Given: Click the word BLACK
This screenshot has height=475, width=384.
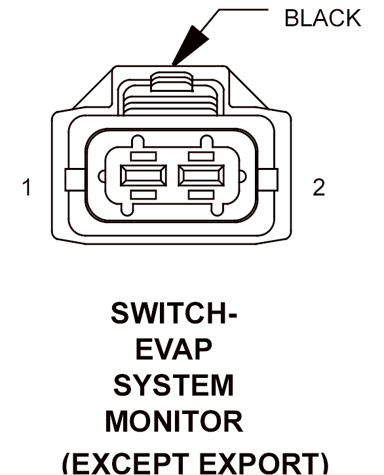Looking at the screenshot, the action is (x=322, y=18).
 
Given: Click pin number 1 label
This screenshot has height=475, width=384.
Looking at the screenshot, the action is (x=28, y=187).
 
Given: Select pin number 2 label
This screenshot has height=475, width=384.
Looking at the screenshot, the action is (x=318, y=187).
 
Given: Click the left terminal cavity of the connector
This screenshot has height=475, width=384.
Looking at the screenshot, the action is (x=144, y=175).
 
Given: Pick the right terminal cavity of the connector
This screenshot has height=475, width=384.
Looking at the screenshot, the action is (x=201, y=175).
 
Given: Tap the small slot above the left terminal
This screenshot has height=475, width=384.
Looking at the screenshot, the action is (x=144, y=156).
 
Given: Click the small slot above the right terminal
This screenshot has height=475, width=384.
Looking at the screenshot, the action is (x=201, y=156).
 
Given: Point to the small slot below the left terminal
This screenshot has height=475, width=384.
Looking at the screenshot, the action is (x=144, y=194).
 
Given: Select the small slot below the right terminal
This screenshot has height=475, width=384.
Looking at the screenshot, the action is (x=201, y=194).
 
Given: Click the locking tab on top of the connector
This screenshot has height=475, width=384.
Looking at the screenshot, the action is (x=172, y=81).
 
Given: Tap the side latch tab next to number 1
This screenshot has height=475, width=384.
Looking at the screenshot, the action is (x=75, y=180).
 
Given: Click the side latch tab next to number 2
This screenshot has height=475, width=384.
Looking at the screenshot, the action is (x=268, y=180).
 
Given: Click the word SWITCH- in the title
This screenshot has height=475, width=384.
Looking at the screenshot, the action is (x=174, y=313).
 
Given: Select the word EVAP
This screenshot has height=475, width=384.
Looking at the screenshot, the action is (x=174, y=349).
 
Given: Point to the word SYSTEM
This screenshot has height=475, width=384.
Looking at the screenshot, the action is (x=174, y=385).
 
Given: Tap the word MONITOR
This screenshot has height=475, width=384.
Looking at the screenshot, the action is (x=174, y=421).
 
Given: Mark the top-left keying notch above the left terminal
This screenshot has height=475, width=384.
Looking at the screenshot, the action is (x=138, y=142).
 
